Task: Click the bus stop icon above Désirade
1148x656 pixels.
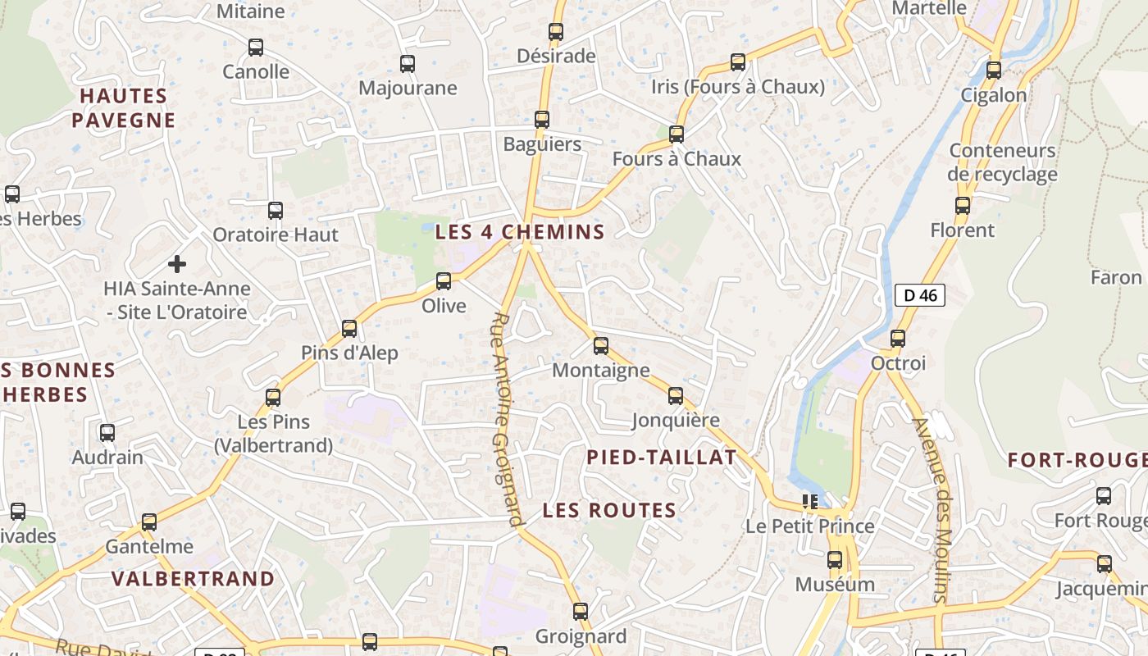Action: pos(556,32)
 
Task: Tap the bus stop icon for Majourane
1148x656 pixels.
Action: pos(407,63)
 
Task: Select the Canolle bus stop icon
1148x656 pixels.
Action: pos(256,48)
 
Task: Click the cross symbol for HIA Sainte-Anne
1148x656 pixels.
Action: pos(176,264)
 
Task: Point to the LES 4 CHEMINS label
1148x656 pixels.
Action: pos(520,232)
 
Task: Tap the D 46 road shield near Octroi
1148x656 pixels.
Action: pos(920,295)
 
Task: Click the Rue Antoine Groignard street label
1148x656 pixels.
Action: pos(507,418)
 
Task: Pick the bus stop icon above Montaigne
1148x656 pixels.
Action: pos(601,345)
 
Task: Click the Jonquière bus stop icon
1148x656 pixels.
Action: pos(676,396)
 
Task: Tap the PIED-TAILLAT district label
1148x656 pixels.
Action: pos(662,458)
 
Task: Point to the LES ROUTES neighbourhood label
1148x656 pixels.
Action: pos(609,510)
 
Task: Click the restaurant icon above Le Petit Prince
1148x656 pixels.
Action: pos(810,500)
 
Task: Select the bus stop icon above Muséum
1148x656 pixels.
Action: pos(835,560)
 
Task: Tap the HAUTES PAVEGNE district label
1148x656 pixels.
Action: pos(123,108)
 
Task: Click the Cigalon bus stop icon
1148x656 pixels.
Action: pos(994,70)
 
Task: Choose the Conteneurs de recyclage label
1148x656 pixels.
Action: pos(1002,162)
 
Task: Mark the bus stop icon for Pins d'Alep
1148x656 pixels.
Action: pos(349,329)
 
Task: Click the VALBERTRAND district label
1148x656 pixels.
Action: pos(193,578)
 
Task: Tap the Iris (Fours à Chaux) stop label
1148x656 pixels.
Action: pos(737,87)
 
